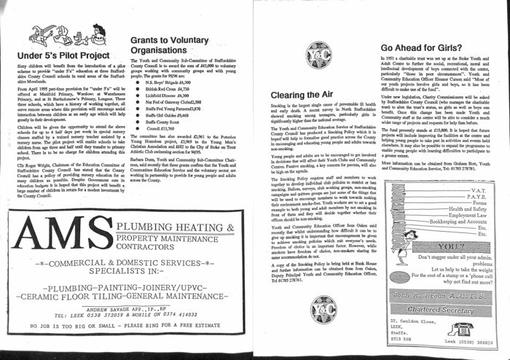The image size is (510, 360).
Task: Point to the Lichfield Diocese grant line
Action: click(168, 95)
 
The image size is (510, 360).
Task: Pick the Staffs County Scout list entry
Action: click(165, 122)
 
